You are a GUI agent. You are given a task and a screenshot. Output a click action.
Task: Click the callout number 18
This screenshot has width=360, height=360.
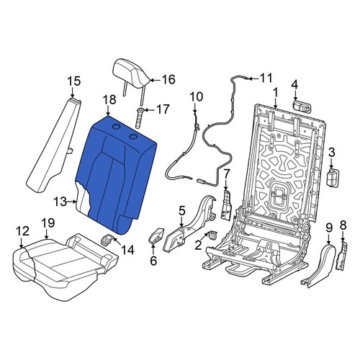point(109,99)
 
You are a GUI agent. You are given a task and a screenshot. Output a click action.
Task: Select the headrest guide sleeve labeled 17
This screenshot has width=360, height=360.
point(140,118)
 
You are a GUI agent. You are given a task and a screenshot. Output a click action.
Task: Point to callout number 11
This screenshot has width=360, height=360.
point(266,78)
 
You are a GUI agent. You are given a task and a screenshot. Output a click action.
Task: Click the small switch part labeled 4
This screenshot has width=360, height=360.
point(302,106)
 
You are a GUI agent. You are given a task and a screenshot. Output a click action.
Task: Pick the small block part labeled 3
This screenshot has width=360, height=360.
point(333,177)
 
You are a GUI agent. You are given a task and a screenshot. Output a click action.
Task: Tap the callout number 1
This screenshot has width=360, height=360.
point(275,92)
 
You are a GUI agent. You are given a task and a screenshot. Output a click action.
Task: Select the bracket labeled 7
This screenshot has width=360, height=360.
point(226,204)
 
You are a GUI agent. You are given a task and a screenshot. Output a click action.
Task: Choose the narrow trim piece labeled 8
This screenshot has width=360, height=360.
point(343,257)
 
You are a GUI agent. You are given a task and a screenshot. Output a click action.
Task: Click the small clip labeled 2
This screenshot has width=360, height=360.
point(212,235)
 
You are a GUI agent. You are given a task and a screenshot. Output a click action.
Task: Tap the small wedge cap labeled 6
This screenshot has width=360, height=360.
point(156,235)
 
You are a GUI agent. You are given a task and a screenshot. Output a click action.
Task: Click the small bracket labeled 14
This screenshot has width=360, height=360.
point(107,240)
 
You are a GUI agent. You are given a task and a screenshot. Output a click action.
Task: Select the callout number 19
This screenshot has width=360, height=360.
point(48,222)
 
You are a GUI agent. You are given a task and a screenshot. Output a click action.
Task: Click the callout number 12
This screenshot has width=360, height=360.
point(22,231)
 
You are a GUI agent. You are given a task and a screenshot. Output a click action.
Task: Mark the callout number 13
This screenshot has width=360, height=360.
point(60,202)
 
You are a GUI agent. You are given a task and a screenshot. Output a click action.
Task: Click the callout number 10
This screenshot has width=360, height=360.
point(197,97)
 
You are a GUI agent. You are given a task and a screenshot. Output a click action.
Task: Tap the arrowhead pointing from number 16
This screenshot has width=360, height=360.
point(152,80)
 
